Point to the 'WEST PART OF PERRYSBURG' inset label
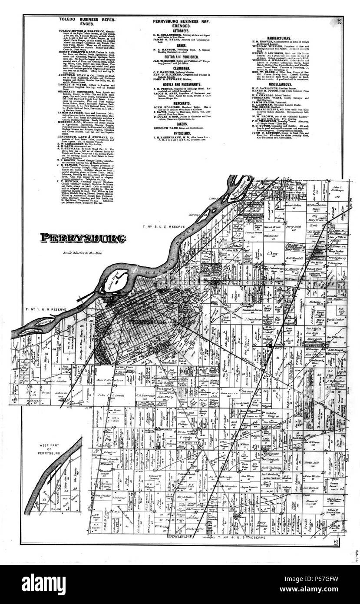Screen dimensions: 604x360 tap(53, 450)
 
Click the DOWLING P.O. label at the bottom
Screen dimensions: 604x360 tap(179, 538)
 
